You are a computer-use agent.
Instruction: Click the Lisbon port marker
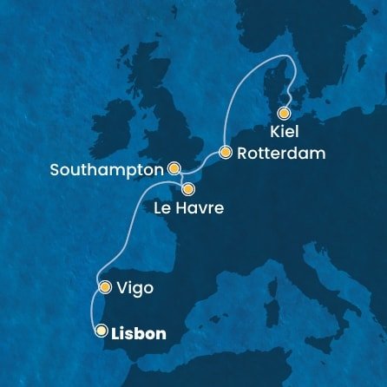pos(101,331)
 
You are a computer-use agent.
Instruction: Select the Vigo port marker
pos(104,286)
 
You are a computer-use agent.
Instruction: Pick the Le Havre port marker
pos(187,188)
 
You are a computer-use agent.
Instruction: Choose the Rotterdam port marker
pos(225,153)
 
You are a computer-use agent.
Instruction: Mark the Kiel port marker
pos(283,113)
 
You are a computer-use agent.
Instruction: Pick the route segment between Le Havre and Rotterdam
pos(207,168)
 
